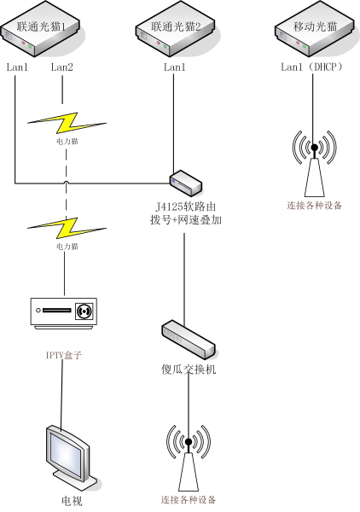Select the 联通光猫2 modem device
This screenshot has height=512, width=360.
click(x=175, y=32)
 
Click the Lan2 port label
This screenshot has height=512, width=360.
click(x=63, y=66)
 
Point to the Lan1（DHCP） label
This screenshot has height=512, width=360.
click(x=315, y=66)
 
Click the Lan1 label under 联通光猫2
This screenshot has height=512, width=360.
click(x=174, y=66)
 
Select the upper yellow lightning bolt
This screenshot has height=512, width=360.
click(x=63, y=119)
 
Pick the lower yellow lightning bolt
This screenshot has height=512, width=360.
click(x=63, y=227)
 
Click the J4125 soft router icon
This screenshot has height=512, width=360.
click(x=183, y=181)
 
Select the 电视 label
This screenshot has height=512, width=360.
click(x=72, y=499)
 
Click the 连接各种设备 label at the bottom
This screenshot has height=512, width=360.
click(x=188, y=499)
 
